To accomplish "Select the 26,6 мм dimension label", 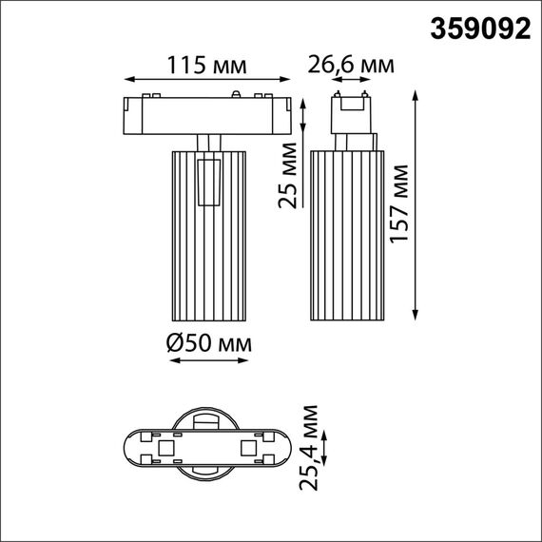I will (350, 66).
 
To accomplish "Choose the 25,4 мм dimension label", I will (310, 446).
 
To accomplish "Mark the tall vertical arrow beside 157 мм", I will (417, 205).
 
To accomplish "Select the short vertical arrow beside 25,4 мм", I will (327, 448).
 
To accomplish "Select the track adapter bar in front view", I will (207, 113).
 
